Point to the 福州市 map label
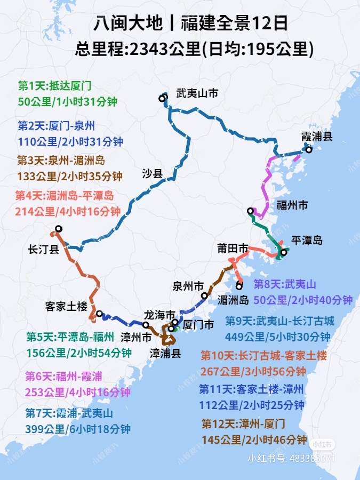[292, 205]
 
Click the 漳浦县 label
[165, 353]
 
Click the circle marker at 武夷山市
[162, 98]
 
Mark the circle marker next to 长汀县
[59, 229]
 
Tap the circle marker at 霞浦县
[308, 150]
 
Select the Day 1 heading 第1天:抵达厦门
[55, 85]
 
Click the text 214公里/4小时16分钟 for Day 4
[68, 211]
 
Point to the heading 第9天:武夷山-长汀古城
[279, 321]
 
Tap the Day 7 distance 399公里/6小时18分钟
[78, 428]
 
